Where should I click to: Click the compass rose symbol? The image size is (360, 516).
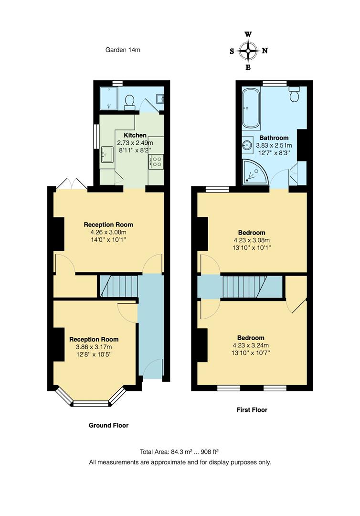tap(248, 51)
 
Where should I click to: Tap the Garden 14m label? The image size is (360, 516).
tap(123, 49)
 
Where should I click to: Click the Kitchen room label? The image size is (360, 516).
tap(135, 135)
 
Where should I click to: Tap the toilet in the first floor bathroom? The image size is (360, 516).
tap(295, 95)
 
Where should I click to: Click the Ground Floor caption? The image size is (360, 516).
tap(108, 425)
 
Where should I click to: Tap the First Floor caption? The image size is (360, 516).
tap(252, 410)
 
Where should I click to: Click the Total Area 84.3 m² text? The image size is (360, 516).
tap(180, 451)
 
